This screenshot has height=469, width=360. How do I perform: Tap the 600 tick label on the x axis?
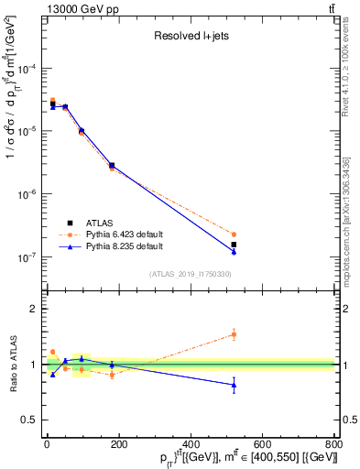(263, 444)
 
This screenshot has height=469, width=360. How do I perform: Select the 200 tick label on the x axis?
(119, 444)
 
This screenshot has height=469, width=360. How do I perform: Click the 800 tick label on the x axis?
(333, 444)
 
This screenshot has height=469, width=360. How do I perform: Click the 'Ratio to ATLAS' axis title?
(13, 365)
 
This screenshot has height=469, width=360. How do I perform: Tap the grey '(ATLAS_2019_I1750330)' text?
(191, 274)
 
